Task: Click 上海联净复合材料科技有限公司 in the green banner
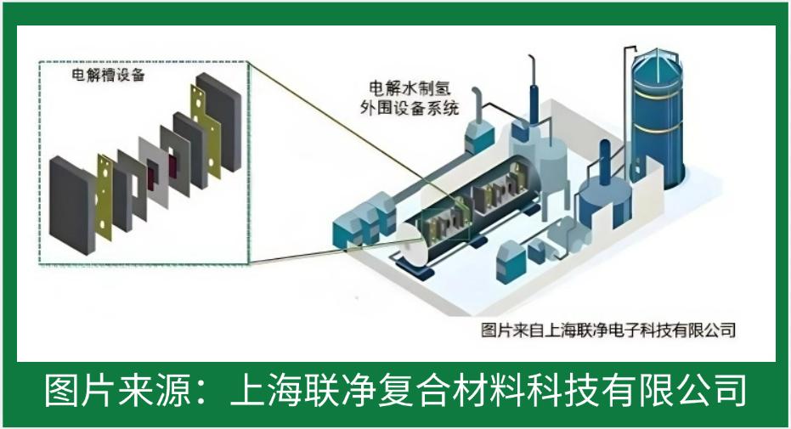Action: click(x=489, y=392)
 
